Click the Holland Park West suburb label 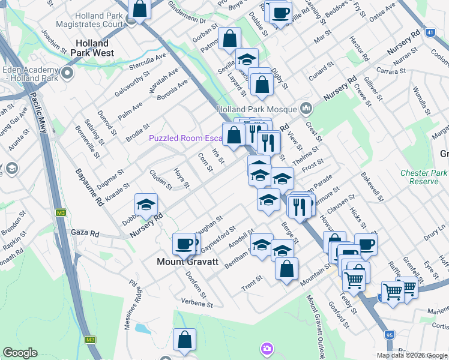point(92,48)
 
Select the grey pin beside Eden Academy point(67,74)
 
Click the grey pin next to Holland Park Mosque point(307,109)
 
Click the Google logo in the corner point(20,353)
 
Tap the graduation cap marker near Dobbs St point(145,205)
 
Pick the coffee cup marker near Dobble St point(280,12)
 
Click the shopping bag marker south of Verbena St point(184,340)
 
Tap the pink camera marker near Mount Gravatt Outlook point(267,348)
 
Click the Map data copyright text point(411,355)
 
